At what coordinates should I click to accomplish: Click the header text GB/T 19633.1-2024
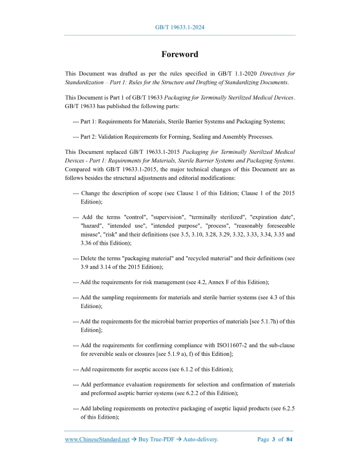tap(179, 27)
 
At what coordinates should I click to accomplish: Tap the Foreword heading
tap(179, 55)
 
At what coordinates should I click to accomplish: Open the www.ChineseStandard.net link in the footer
tap(97, 440)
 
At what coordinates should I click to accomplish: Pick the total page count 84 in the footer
tap(289, 440)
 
